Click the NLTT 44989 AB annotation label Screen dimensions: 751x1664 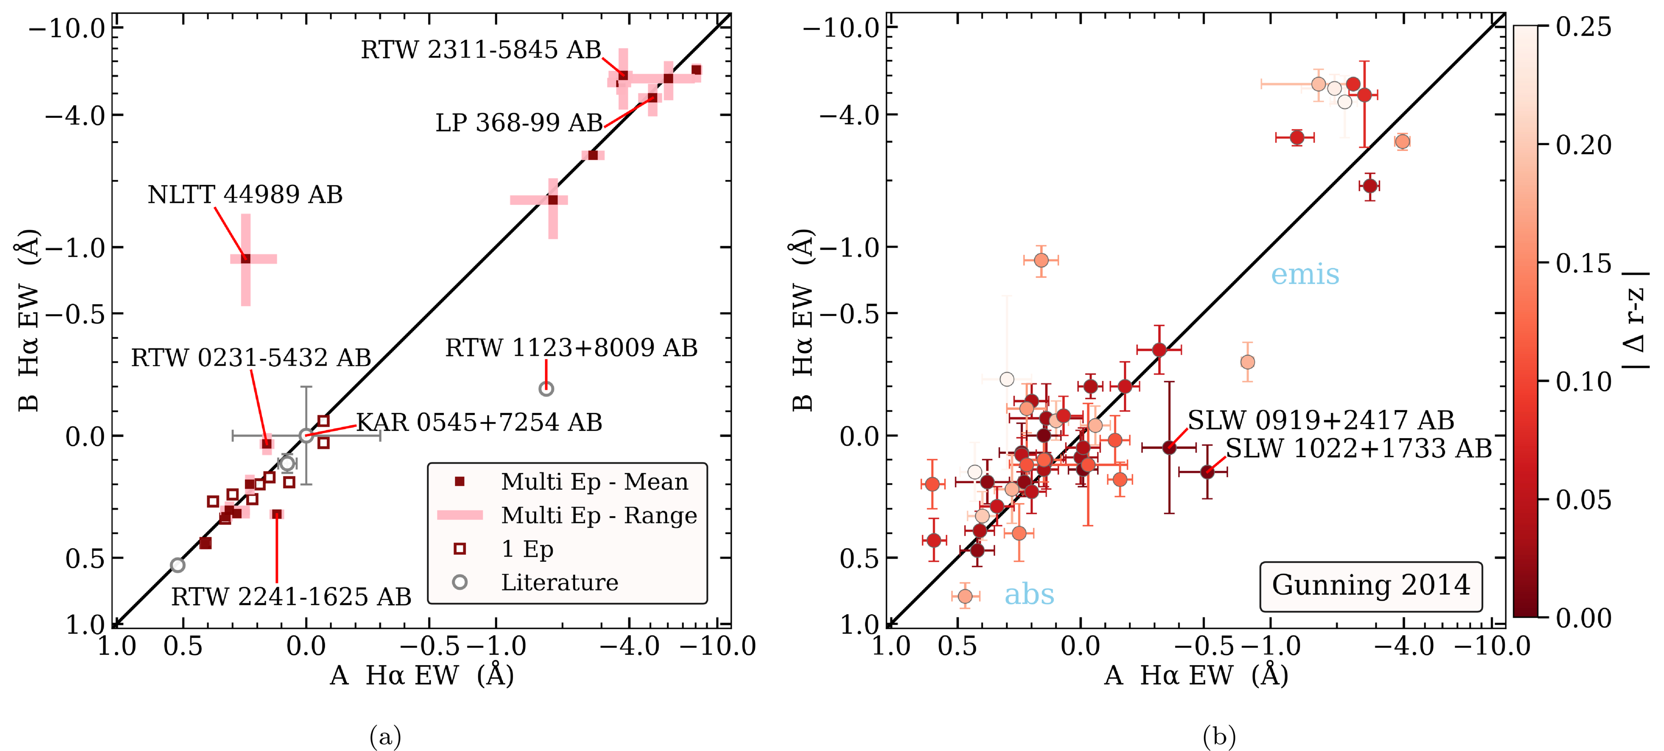point(245,195)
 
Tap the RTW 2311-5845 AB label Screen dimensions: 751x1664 point(481,50)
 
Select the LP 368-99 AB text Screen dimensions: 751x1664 point(519,123)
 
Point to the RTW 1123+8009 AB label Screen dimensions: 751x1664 point(571,348)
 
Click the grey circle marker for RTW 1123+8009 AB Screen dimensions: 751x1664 point(546,389)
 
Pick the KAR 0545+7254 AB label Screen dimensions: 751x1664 point(479,423)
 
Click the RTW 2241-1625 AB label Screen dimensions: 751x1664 point(291,597)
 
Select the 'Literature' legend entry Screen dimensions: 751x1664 point(559,582)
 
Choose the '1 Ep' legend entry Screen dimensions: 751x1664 point(527,549)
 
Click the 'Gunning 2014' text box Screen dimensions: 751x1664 point(1371,585)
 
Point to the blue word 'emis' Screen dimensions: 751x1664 point(1305,274)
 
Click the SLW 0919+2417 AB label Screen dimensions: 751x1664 point(1320,420)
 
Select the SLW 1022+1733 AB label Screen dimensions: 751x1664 point(1358,448)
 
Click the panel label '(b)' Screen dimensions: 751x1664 point(1219,736)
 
